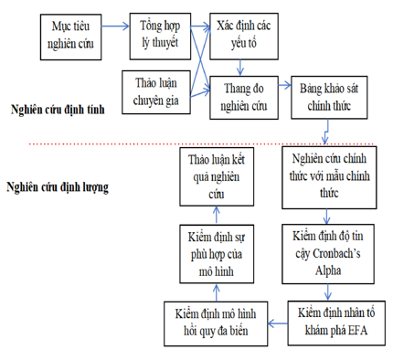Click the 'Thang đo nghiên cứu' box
pyautogui.click(x=242, y=96)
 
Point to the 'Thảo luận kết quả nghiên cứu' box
pyautogui.click(x=217, y=178)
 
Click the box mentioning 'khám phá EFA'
pyautogui.click(x=334, y=320)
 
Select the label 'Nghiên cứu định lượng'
pyautogui.click(x=58, y=188)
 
